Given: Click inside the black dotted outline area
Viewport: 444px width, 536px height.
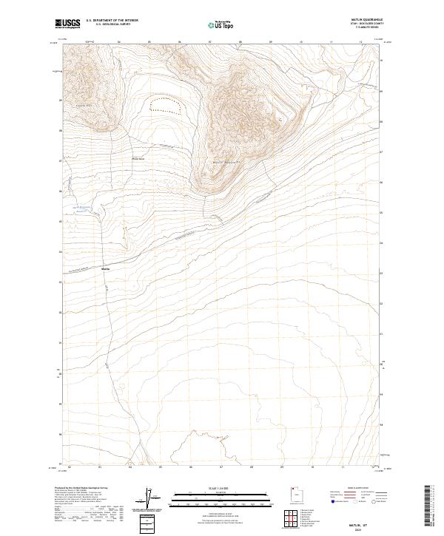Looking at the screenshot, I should coord(166,104).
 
